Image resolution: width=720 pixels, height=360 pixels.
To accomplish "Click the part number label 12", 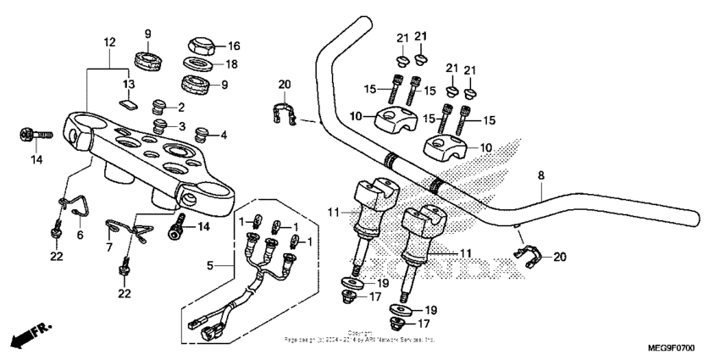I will coord(108,42).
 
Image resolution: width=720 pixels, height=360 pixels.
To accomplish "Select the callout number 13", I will coord(129,85).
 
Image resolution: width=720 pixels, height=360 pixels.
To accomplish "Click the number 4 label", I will coord(224,136).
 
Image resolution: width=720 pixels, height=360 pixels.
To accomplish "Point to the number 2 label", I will coord(180,108).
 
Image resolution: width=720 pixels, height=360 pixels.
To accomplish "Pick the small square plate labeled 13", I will coord(128,105).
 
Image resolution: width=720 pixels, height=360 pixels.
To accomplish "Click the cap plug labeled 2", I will coord(158,106).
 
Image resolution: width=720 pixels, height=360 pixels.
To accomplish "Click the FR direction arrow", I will coord(26,336).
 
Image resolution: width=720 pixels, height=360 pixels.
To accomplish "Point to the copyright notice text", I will coord(359,336).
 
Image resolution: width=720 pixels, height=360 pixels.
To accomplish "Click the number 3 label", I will coord(180,126).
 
